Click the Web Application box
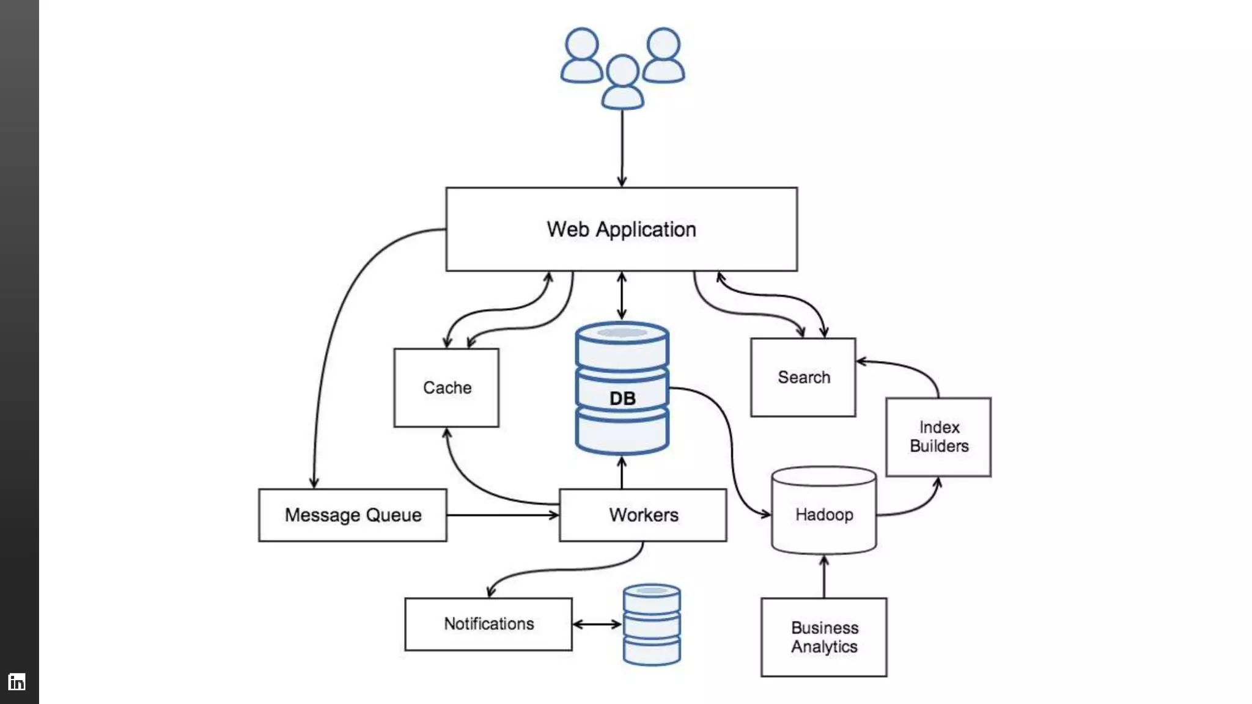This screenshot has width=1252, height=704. coord(621,229)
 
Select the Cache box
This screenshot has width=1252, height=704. coord(446,387)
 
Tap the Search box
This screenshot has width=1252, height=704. coord(803,377)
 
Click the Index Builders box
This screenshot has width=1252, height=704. coord(938,437)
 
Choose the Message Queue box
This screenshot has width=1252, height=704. coord(353,515)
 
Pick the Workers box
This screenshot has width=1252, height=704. coord(643,515)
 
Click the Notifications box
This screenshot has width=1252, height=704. coord(488,624)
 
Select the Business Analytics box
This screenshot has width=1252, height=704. coord(823,637)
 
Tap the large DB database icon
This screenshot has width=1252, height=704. coord(622,389)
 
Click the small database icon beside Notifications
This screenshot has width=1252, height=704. coord(652,624)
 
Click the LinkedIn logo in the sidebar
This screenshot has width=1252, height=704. coord(17,681)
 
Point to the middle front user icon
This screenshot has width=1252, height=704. coord(622,82)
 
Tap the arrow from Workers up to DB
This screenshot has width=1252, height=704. coord(622,472)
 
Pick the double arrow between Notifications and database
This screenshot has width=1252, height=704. coord(597,624)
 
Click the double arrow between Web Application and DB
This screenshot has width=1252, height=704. coord(622,296)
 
